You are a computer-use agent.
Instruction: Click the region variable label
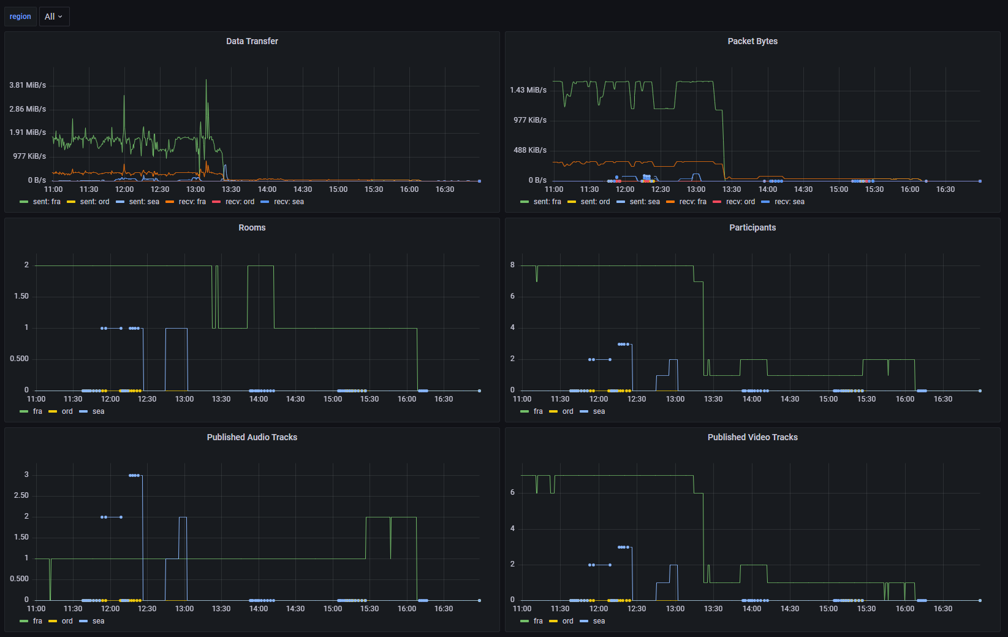click(x=20, y=17)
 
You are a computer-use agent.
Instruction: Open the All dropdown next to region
click(x=54, y=17)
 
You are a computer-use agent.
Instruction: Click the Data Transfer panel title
click(x=252, y=41)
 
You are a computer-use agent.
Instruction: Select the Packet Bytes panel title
click(x=752, y=41)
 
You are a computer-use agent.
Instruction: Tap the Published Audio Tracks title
click(x=252, y=437)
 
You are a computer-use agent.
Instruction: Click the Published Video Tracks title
click(x=752, y=437)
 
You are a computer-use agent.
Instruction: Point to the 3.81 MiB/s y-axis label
click(x=28, y=85)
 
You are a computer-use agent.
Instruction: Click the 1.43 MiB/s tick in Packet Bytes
click(x=528, y=90)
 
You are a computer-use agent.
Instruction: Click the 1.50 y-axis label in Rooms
click(x=21, y=296)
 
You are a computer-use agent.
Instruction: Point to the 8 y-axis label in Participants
click(x=512, y=265)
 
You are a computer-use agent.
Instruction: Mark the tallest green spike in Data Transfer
click(x=206, y=80)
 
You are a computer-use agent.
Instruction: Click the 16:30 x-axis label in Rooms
click(x=444, y=399)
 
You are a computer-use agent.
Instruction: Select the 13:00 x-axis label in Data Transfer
click(x=195, y=189)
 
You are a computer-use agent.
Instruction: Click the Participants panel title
click(x=752, y=227)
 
